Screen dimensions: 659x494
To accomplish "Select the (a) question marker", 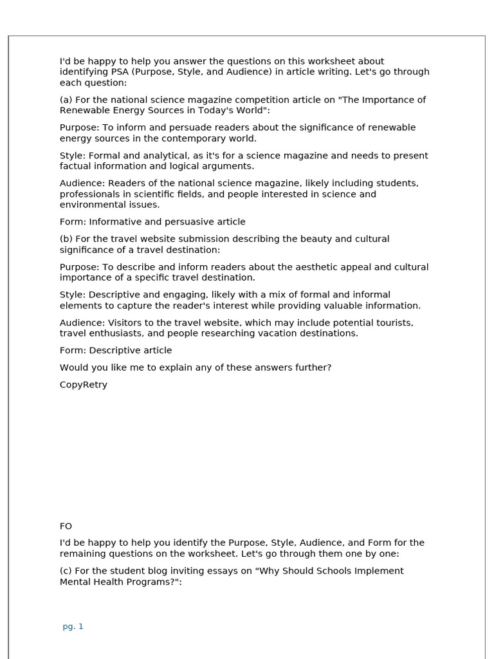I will (x=66, y=100).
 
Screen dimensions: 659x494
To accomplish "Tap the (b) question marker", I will (x=66, y=239).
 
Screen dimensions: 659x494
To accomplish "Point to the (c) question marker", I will (x=66, y=571).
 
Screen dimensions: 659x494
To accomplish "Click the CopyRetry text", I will (x=84, y=385).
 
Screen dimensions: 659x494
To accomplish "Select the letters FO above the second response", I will (x=66, y=526).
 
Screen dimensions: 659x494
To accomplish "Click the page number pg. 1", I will (x=73, y=626).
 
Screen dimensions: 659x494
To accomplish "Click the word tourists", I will (x=392, y=323).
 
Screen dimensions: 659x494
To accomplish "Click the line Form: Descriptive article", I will (x=116, y=351).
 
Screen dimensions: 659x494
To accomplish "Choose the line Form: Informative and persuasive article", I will (x=152, y=222).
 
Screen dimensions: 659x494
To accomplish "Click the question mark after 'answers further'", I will (x=329, y=367).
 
